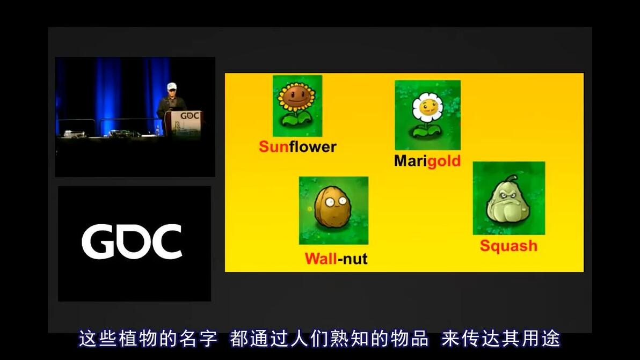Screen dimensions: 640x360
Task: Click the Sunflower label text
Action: click(x=297, y=147)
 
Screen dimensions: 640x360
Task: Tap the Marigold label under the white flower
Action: click(x=427, y=161)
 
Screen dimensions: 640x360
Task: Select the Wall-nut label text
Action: click(x=336, y=259)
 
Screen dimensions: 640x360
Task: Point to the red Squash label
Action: click(x=508, y=246)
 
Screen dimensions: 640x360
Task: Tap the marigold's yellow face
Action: click(x=428, y=108)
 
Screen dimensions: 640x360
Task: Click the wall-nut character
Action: click(x=333, y=207)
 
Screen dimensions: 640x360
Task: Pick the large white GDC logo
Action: click(x=132, y=241)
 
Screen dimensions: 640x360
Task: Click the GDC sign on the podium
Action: click(x=190, y=116)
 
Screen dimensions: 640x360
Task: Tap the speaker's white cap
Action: click(x=172, y=86)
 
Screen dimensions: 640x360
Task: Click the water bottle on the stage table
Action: click(x=157, y=130)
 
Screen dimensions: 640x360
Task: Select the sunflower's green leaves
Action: click(x=297, y=120)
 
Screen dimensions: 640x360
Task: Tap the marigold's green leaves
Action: click(x=427, y=131)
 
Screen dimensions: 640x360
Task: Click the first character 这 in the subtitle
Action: click(x=88, y=339)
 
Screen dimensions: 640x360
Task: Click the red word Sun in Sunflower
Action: click(x=273, y=147)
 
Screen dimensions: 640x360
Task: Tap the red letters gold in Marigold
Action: click(x=443, y=161)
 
